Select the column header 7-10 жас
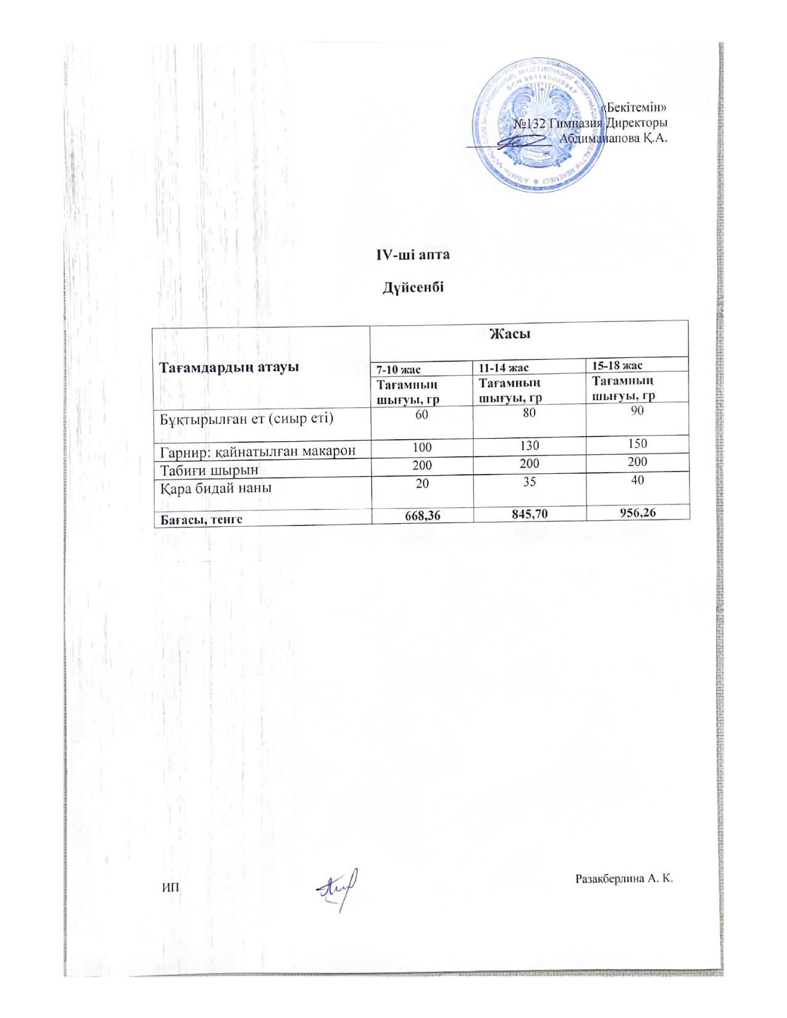point(399,370)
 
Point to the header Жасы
point(510,334)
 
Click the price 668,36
point(422,516)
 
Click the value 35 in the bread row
point(529,481)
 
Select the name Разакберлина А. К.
point(622,878)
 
